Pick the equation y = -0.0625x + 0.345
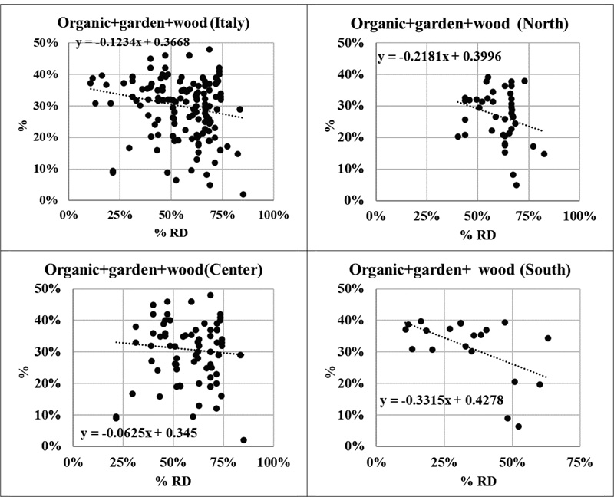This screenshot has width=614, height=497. [x=138, y=434]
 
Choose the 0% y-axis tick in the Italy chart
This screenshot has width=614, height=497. [x=50, y=200]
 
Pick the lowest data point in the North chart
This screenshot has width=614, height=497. [x=517, y=185]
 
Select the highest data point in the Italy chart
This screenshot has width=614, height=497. [x=210, y=49]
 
